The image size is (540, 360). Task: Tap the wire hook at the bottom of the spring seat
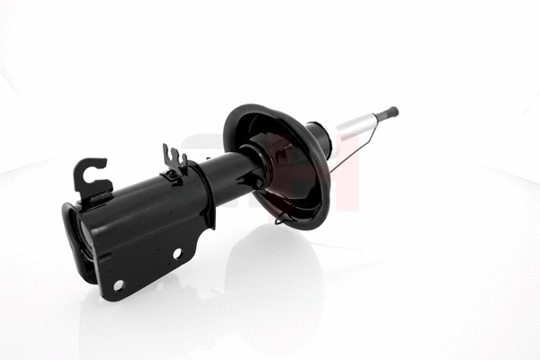[282, 219]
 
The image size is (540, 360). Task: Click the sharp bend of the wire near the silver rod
[369, 141]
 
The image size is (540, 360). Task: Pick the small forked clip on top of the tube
[174, 161]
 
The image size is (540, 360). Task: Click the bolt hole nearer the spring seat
[177, 253]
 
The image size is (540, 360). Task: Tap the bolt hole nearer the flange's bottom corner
[118, 284]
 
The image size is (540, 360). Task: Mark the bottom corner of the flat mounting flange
[108, 298]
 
